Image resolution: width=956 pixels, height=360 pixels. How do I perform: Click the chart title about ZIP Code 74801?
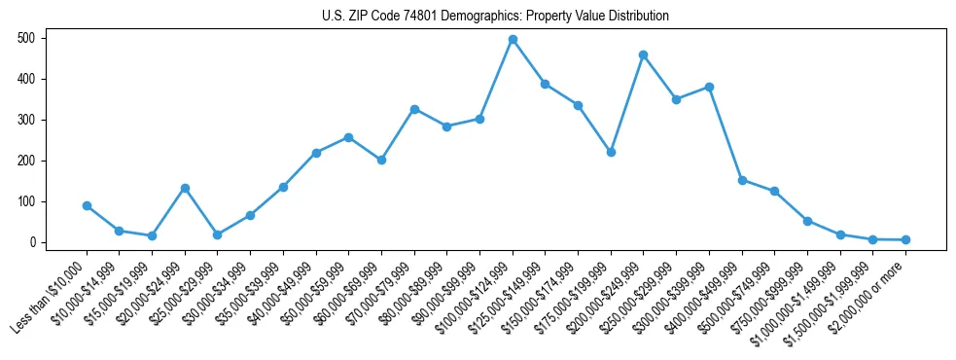[x=495, y=16]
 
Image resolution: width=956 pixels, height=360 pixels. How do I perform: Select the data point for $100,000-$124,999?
[x=513, y=40]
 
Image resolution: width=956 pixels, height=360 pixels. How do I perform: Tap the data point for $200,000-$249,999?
[x=644, y=54]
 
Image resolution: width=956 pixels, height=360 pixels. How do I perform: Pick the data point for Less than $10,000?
[x=87, y=205]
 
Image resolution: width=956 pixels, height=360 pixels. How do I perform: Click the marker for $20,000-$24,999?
[x=185, y=188]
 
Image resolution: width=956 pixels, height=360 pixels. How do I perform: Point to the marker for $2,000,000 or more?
[x=905, y=239]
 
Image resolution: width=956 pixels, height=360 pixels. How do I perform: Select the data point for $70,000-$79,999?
[x=414, y=109]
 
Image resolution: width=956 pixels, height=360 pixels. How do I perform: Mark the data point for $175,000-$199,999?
[x=611, y=152]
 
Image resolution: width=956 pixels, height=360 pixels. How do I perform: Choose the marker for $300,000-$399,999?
[x=709, y=87]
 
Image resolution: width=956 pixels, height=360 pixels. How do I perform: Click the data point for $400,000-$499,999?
[x=742, y=180]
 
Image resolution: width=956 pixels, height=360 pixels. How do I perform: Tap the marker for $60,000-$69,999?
[x=381, y=160]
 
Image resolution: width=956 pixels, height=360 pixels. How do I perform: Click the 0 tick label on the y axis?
[x=33, y=242]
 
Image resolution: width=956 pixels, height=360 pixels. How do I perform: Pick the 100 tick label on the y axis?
[x=29, y=201]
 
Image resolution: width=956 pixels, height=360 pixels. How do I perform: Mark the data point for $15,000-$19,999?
[x=152, y=235]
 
